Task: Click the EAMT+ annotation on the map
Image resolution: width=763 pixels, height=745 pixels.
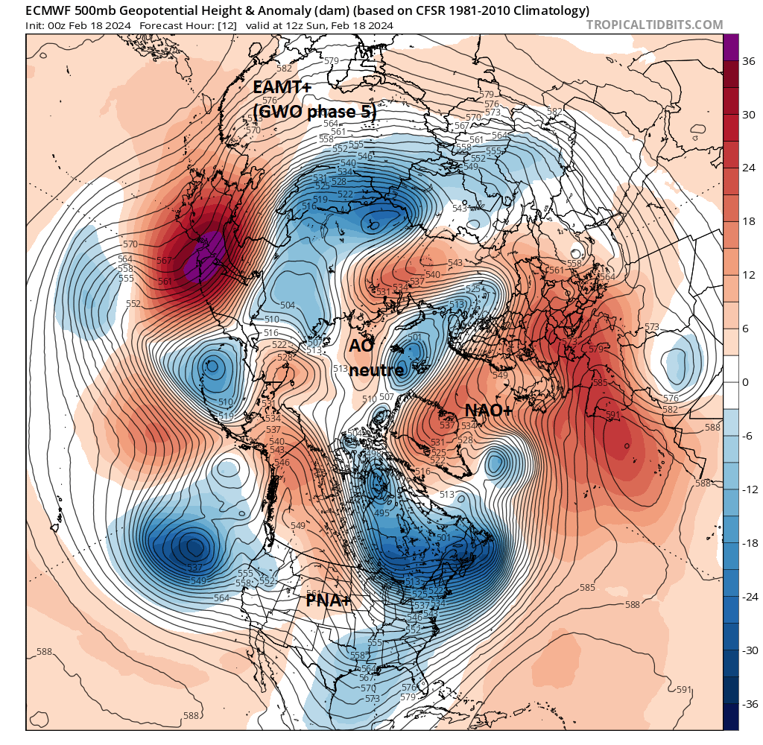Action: [282, 87]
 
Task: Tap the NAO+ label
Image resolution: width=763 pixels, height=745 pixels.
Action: [487, 410]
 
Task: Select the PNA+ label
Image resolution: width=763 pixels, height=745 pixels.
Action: [328, 600]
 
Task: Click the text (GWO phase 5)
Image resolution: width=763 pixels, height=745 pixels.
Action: [314, 112]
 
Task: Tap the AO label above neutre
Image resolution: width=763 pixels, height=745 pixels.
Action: [362, 346]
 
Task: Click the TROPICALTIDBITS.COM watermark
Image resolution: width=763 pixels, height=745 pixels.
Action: [654, 25]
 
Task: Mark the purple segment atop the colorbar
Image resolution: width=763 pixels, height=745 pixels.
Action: [731, 47]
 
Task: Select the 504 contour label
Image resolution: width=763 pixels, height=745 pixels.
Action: [288, 305]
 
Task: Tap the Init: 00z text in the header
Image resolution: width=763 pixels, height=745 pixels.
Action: [49, 25]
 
